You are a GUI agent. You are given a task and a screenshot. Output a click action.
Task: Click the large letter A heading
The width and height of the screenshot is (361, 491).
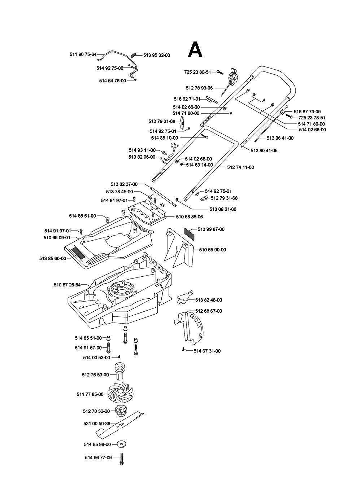click(195, 50)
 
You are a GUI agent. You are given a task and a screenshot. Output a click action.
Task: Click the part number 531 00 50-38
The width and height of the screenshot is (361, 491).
click(97, 424)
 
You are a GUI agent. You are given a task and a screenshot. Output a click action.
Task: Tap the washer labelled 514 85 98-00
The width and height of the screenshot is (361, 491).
click(117, 444)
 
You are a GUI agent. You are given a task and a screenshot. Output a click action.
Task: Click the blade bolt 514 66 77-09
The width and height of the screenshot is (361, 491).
click(122, 458)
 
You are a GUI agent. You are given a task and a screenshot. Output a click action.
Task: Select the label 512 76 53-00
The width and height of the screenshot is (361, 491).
click(95, 374)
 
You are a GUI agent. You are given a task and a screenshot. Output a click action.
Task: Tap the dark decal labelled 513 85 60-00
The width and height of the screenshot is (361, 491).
click(78, 254)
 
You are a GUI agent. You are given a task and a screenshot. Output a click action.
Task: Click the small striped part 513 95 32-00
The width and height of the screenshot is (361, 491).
click(133, 54)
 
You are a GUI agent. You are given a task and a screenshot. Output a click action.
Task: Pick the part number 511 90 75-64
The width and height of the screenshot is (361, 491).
click(83, 54)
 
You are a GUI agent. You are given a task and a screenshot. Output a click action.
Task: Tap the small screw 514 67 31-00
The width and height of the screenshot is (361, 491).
click(184, 349)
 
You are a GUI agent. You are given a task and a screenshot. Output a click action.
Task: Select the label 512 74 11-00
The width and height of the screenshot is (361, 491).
click(240, 167)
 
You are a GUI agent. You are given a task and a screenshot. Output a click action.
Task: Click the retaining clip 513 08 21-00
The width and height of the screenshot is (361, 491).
click(176, 200)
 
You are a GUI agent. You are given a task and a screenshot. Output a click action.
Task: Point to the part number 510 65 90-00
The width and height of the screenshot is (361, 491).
click(213, 250)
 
